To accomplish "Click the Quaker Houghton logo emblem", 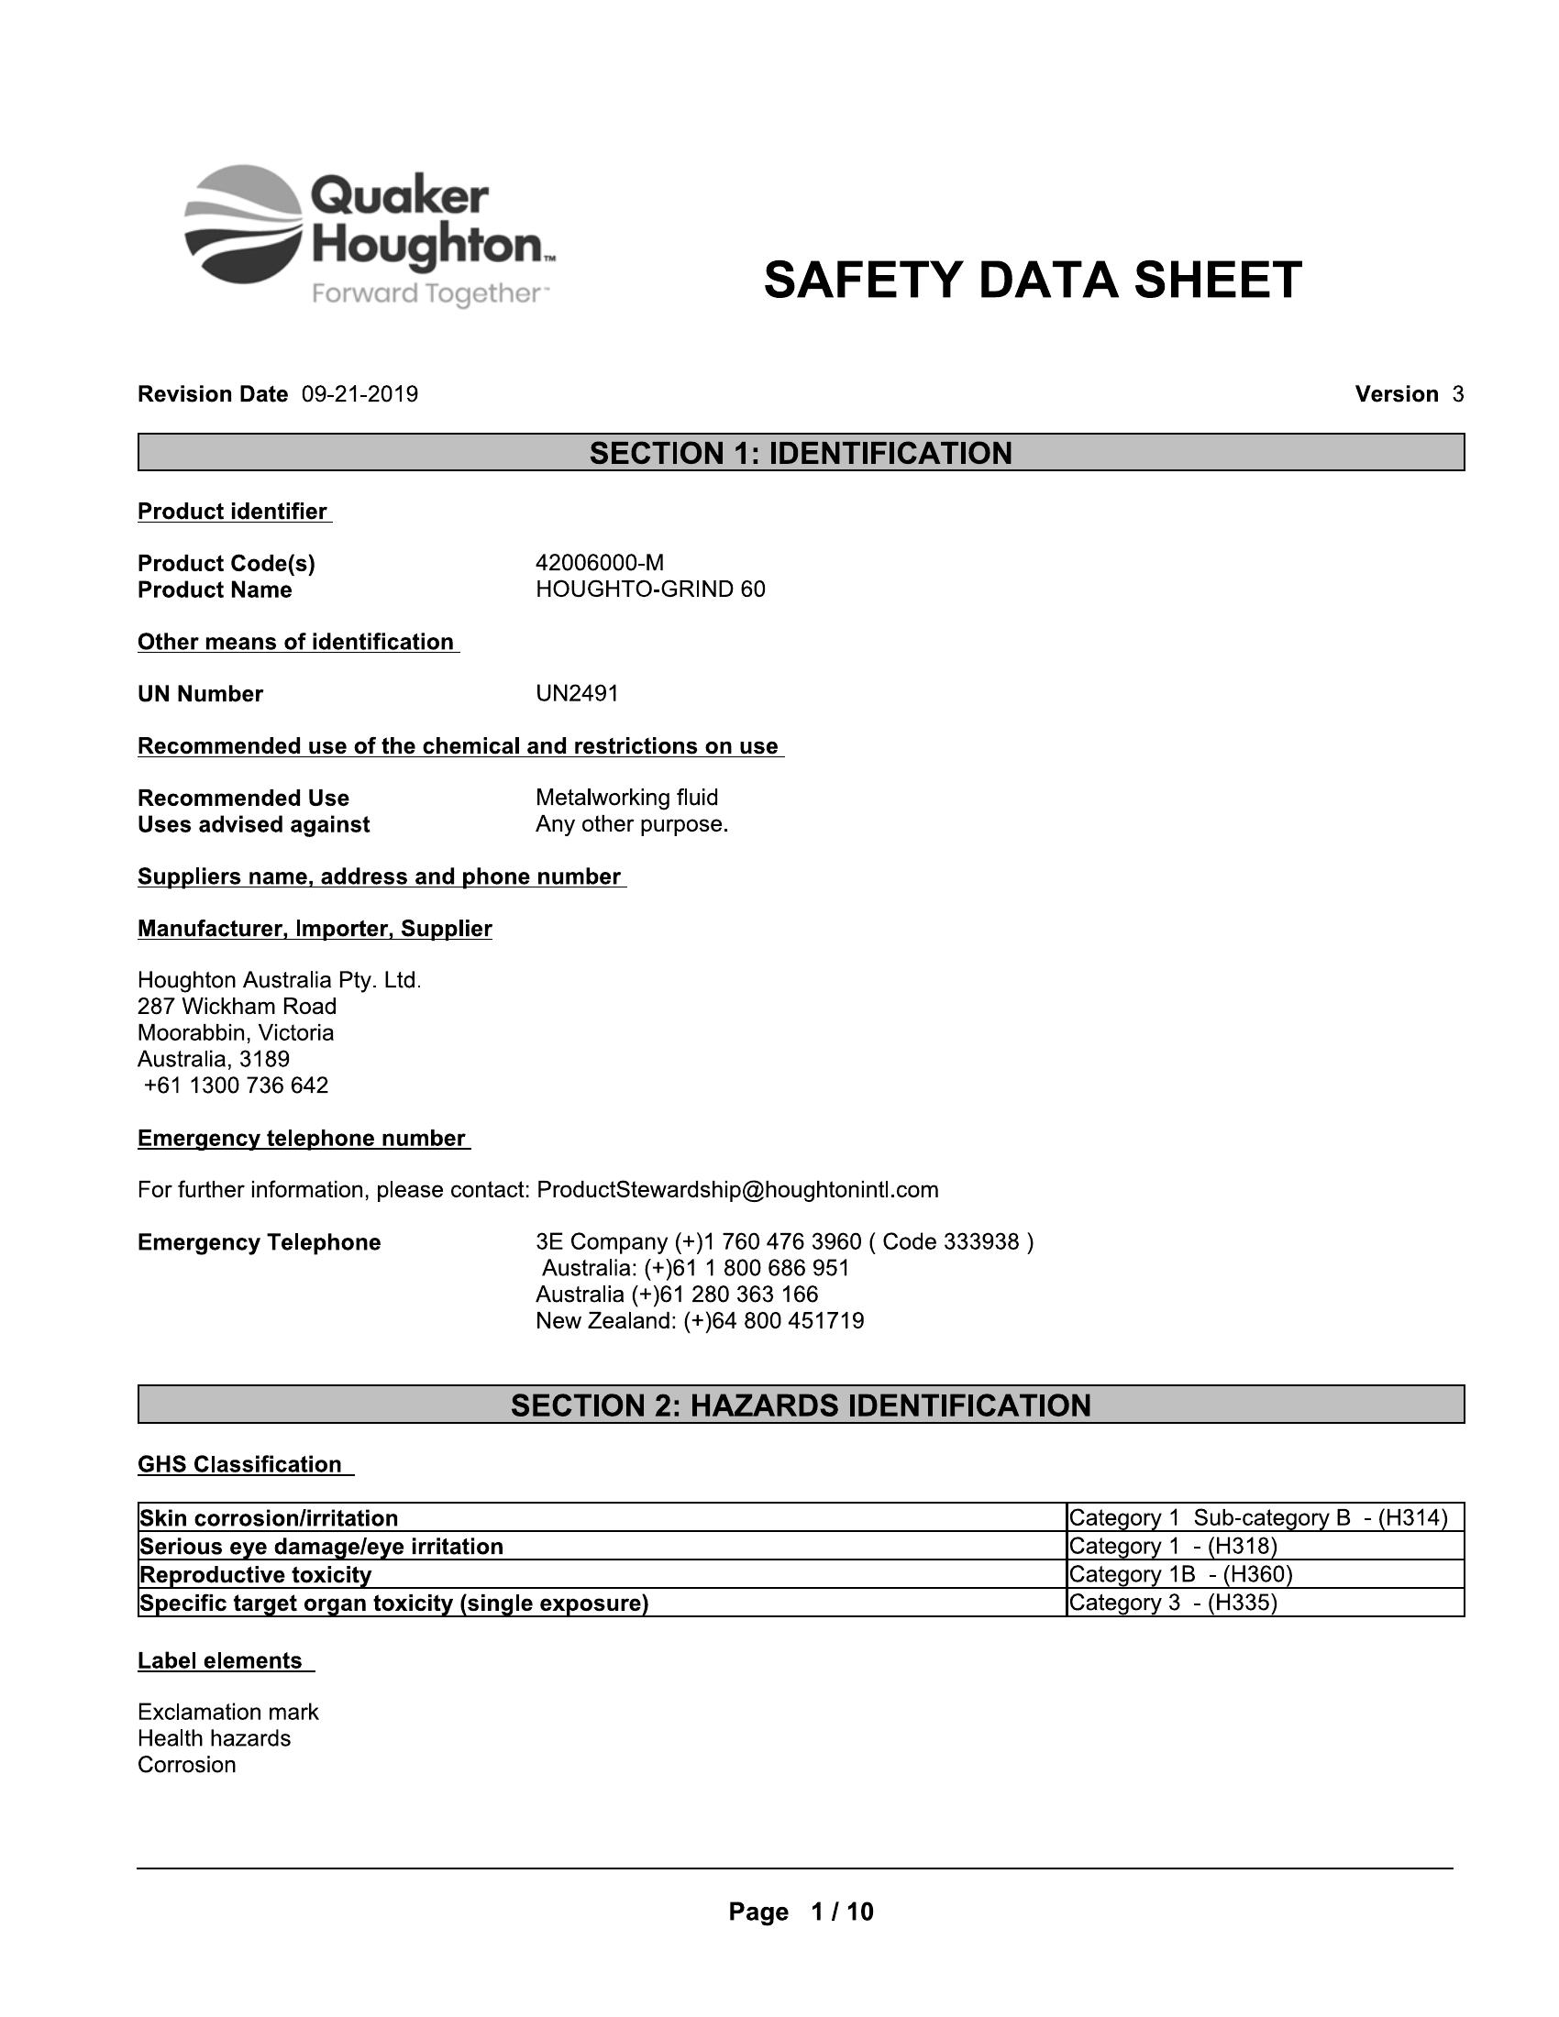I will pos(244,225).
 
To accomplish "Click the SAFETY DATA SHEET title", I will pos(1032,280).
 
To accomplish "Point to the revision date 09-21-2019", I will pos(359,394).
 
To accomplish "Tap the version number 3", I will pos(1457,394).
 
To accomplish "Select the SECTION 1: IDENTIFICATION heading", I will pos(801,453).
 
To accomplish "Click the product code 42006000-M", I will pos(600,562).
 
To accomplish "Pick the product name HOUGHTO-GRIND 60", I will pos(650,590).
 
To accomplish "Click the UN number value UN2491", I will pos(577,694).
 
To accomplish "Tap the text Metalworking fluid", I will pos(626,797).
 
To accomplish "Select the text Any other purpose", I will pos(632,824).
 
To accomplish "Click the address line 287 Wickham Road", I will pos(238,1006).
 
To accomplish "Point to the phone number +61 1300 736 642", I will pos(237,1085).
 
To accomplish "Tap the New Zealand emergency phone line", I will pos(699,1320).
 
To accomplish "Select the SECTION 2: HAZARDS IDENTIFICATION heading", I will pos(801,1405).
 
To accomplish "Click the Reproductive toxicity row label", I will pos(255,1574).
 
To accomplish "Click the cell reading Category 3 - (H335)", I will pos(1172,1603).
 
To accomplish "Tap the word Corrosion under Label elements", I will pos(186,1765).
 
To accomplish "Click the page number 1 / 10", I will pos(840,1912).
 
